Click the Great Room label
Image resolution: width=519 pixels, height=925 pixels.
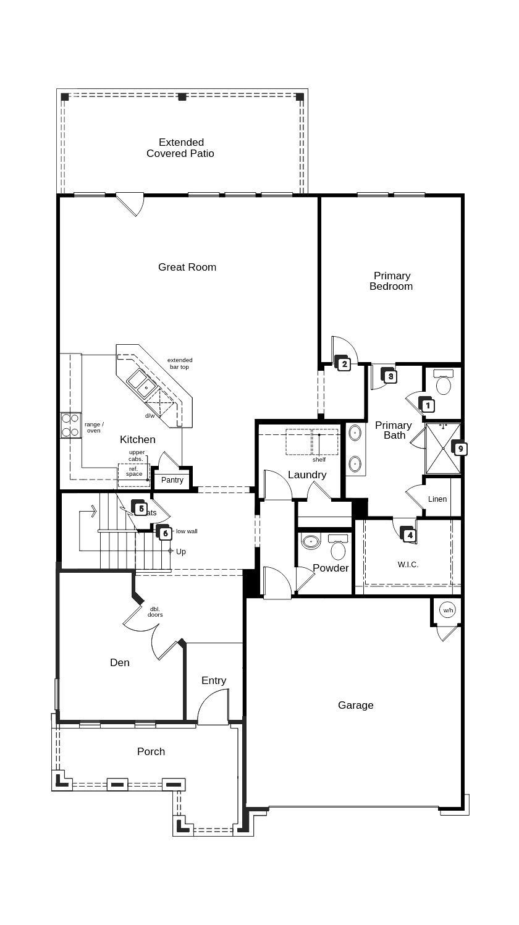click(187, 267)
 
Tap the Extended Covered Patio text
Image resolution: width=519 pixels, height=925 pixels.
click(180, 148)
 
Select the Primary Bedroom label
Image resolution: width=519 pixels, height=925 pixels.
click(391, 281)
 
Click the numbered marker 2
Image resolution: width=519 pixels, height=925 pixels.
click(344, 364)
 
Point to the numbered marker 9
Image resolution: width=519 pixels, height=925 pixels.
click(460, 449)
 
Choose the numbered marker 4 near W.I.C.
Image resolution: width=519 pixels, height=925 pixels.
click(409, 535)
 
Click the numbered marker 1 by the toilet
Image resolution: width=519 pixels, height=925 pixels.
click(428, 406)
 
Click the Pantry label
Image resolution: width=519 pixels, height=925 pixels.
click(172, 480)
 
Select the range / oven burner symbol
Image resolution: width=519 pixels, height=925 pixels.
click(70, 425)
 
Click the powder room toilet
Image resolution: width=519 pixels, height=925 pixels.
click(338, 548)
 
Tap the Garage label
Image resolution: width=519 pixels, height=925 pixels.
click(355, 705)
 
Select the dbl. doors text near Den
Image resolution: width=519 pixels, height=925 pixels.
click(155, 612)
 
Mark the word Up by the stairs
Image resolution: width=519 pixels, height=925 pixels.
click(180, 551)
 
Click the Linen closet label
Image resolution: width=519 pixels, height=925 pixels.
click(437, 499)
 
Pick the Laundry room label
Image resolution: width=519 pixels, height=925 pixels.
click(307, 475)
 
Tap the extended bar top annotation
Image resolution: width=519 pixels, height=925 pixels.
click(180, 363)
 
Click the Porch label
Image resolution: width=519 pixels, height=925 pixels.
click(151, 751)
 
